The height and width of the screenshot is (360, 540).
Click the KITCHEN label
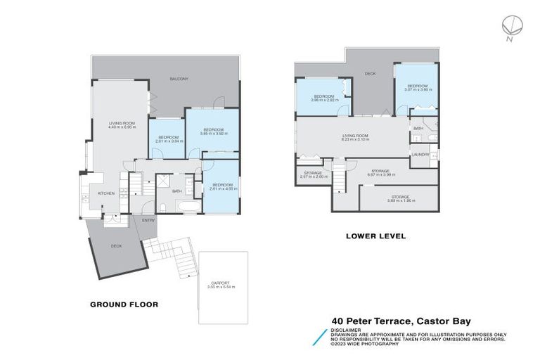point(105,193)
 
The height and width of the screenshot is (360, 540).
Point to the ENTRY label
point(148,221)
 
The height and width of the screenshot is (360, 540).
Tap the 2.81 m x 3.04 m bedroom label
point(167,141)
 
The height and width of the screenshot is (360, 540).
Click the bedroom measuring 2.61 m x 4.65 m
point(221,189)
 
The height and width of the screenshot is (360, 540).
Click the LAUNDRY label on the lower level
point(420,155)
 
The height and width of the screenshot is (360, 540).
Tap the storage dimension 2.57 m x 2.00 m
point(313,176)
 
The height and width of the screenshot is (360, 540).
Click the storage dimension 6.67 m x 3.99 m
point(381,174)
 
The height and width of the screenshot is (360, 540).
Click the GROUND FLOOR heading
point(124,304)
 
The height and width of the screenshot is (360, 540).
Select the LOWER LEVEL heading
point(375,236)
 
